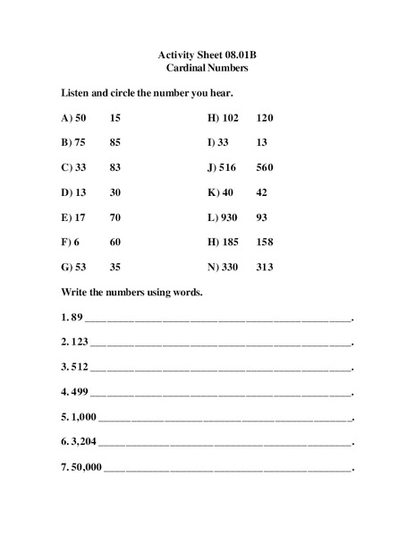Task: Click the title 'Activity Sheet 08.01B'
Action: [207, 54]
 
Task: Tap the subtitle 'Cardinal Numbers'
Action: [207, 67]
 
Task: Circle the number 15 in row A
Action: [115, 117]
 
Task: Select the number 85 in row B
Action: [115, 142]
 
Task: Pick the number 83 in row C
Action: [115, 167]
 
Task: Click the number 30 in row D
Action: [115, 192]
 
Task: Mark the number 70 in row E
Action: [115, 217]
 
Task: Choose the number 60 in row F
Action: [115, 243]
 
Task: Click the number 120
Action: [265, 117]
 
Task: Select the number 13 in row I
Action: [261, 142]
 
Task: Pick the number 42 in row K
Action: [261, 192]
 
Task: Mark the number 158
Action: [265, 243]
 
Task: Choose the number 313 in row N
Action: [264, 268]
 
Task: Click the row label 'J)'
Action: [213, 167]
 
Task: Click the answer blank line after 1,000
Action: [225, 418]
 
